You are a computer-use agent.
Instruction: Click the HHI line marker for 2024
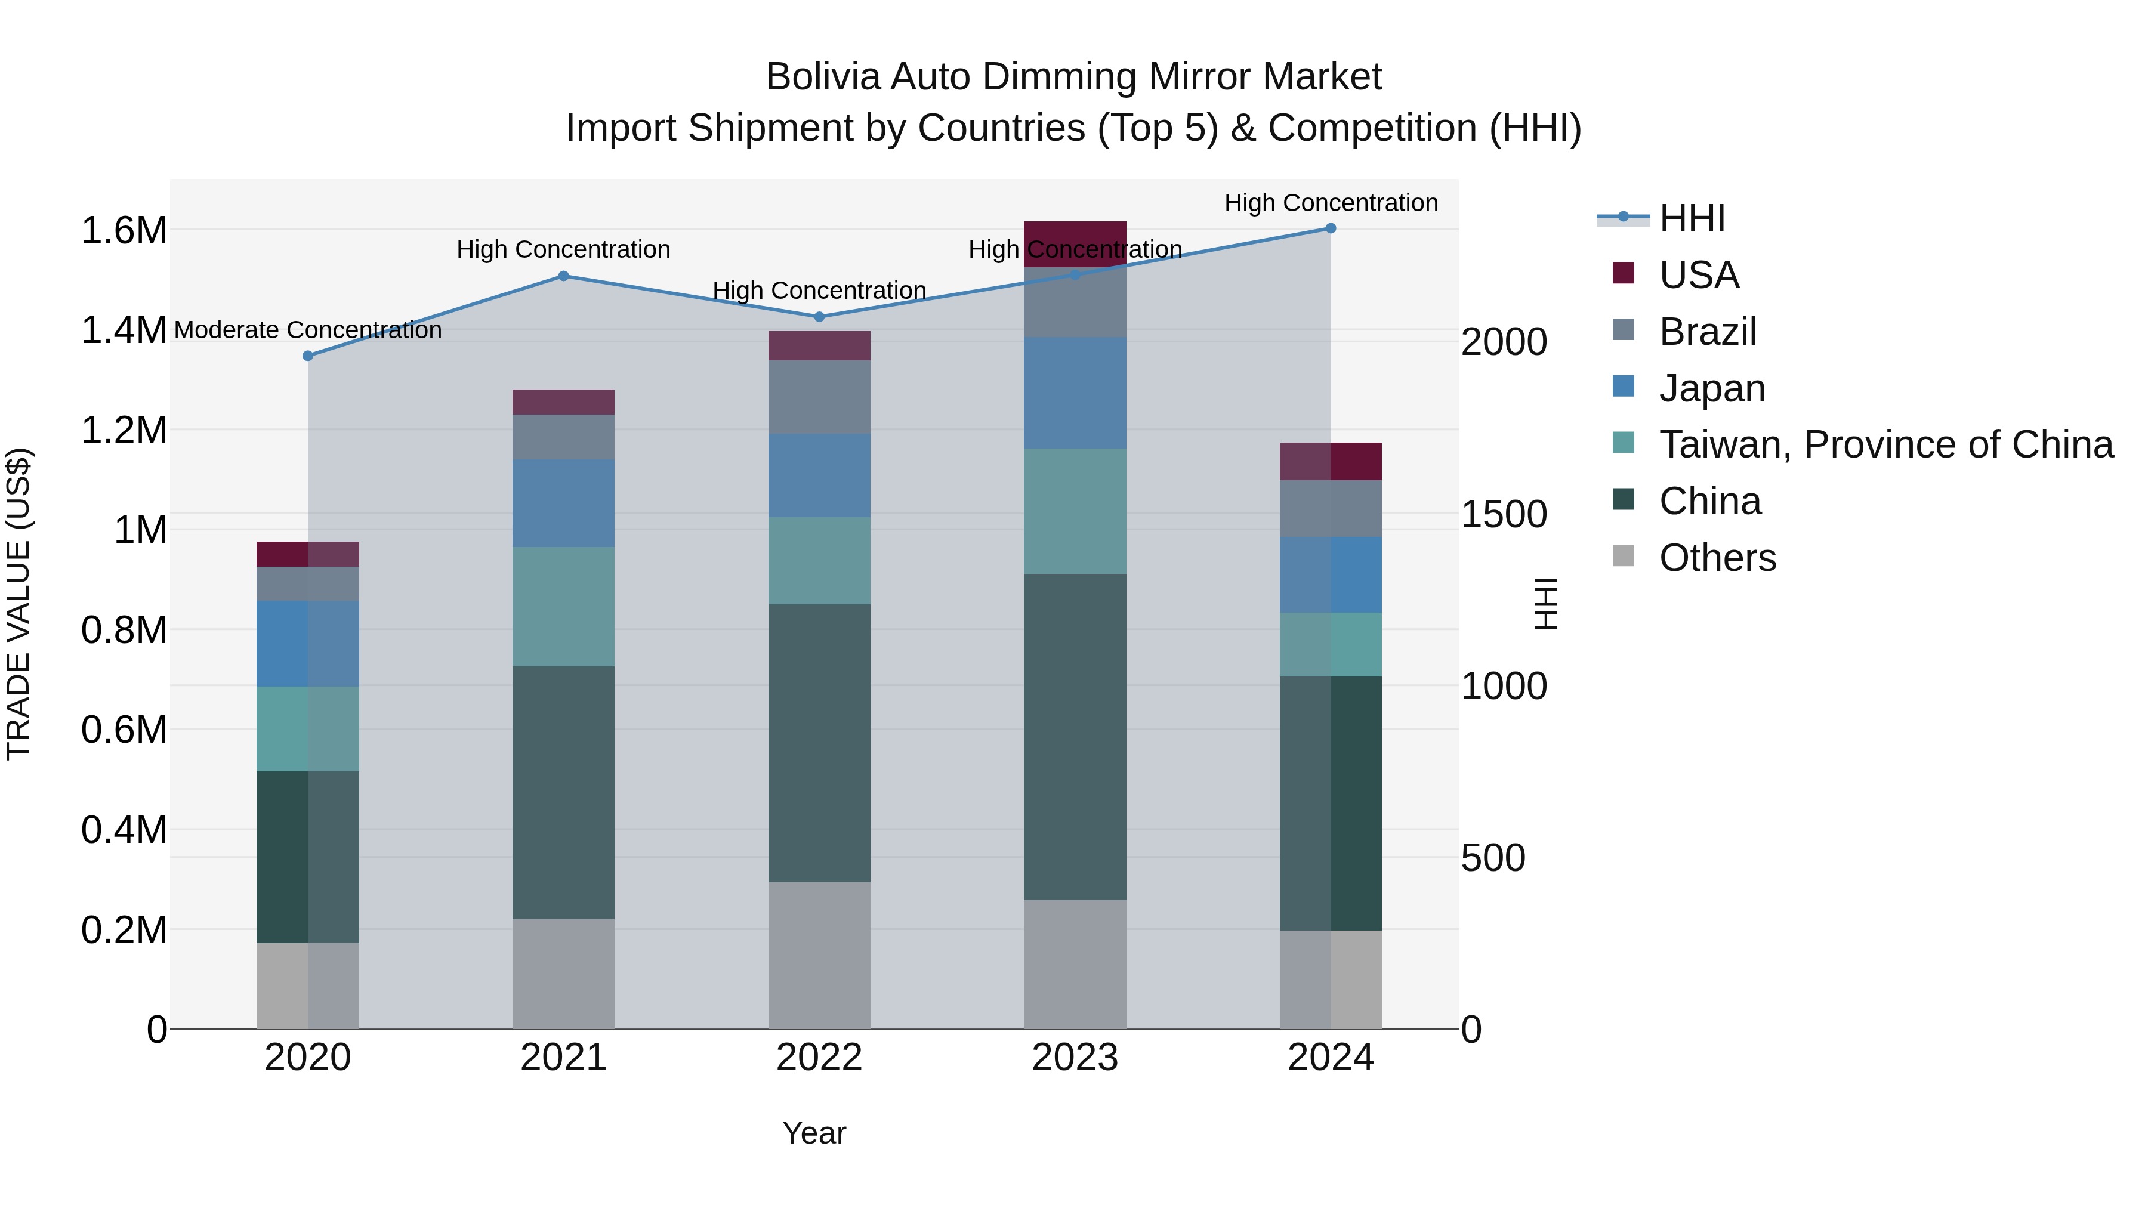coord(1330,228)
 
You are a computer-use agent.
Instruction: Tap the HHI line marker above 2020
coord(308,356)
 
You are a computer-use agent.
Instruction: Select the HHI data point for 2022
coord(819,317)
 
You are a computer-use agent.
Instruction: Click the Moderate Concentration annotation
coord(308,330)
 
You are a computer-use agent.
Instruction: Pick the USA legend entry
coord(1699,275)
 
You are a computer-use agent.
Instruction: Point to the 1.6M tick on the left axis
coord(124,231)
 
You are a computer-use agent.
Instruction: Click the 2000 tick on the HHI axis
coord(1504,342)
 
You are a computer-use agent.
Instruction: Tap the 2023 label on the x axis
coord(1074,1058)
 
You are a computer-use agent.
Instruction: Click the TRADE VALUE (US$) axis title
coord(18,604)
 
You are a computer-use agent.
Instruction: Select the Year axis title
coord(814,1133)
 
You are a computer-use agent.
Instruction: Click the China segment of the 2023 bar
coord(1074,737)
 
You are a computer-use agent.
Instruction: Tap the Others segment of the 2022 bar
coord(819,956)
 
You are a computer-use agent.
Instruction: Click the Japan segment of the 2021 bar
coord(563,503)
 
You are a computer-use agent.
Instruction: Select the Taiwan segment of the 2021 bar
coord(563,607)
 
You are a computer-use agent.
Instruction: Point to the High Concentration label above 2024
coord(1330,203)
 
